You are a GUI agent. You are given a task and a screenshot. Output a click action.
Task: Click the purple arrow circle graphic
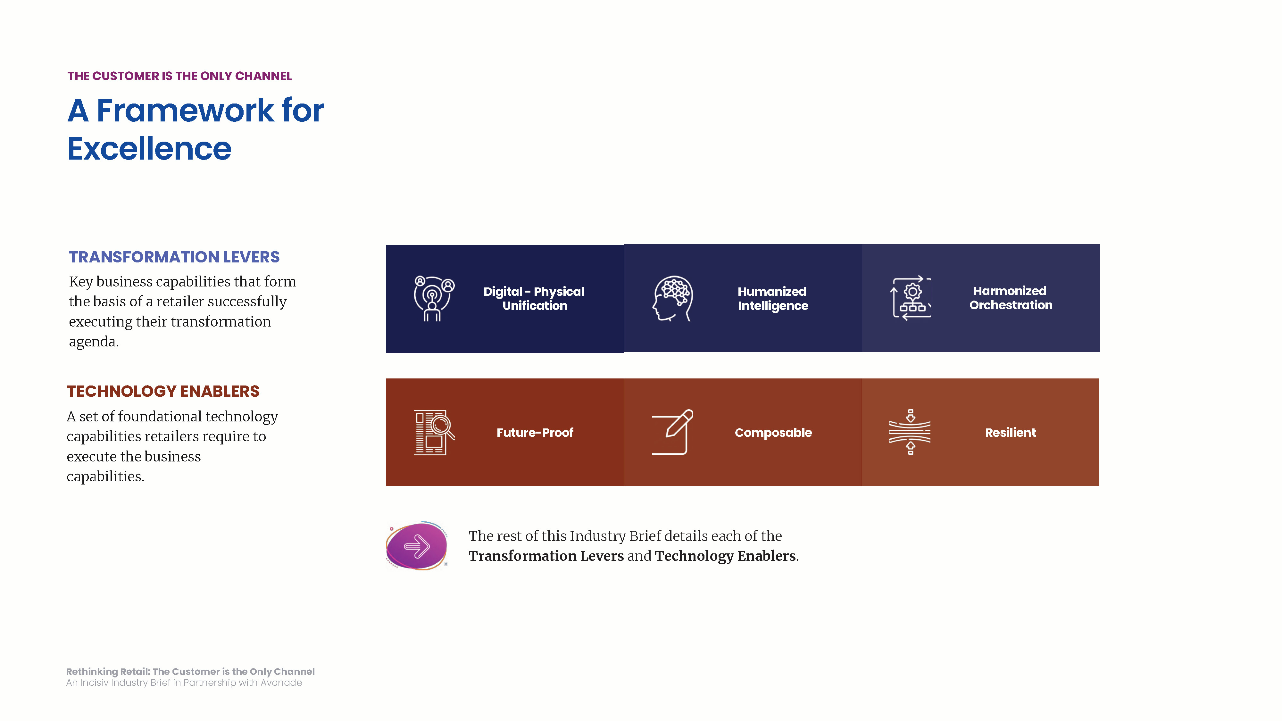tap(417, 546)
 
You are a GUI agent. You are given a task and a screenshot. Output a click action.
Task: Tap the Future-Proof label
tap(535, 432)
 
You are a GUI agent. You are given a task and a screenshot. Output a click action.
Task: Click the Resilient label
tap(1010, 432)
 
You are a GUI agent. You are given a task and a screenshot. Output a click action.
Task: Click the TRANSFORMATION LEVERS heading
tap(174, 257)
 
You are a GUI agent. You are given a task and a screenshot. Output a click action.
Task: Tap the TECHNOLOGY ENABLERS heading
tap(163, 391)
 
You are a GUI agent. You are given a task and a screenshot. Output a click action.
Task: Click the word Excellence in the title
tap(149, 148)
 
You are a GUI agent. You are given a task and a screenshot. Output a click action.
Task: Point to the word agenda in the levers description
tap(94, 342)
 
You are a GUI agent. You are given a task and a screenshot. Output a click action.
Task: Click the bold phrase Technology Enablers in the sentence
tap(725, 556)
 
